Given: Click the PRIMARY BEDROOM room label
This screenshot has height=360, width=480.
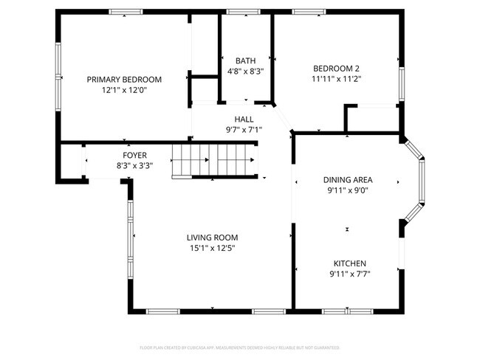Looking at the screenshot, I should click(124, 79).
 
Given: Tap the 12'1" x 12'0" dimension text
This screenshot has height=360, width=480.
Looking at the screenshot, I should click(124, 90).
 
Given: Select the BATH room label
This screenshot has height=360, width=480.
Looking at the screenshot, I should click(245, 60).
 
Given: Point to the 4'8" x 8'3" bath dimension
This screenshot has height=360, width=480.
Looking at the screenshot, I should click(245, 72).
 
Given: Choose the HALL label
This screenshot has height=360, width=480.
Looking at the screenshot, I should click(244, 119).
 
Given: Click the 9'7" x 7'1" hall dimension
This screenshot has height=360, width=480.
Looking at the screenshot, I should click(244, 130).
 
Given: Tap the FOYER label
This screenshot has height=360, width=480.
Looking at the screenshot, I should click(134, 155).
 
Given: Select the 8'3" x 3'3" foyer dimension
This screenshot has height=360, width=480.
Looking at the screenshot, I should click(134, 166).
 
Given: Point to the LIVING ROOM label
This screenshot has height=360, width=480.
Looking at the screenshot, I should click(212, 238).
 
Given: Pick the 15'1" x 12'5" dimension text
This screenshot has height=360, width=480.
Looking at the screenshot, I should click(212, 249).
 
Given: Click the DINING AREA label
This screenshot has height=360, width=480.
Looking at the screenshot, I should click(348, 179).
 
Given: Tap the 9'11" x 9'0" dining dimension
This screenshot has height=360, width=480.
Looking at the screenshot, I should click(348, 190).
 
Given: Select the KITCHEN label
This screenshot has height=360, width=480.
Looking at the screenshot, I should click(349, 263).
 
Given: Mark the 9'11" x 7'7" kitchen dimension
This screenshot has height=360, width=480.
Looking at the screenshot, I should click(349, 274).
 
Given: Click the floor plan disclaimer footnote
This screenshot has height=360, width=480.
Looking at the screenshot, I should click(240, 346).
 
